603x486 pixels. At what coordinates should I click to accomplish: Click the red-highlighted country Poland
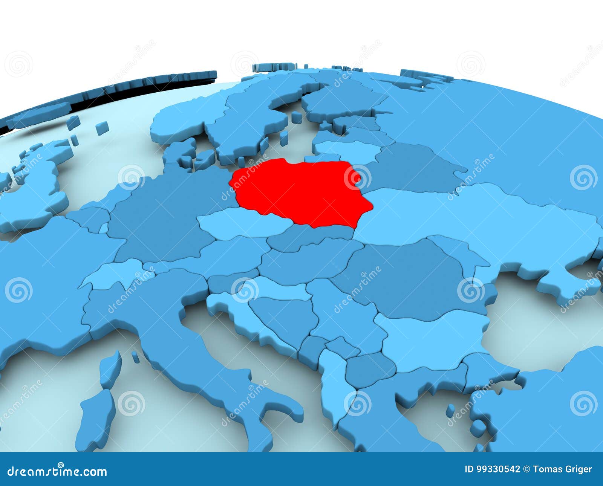(x=301, y=192)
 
